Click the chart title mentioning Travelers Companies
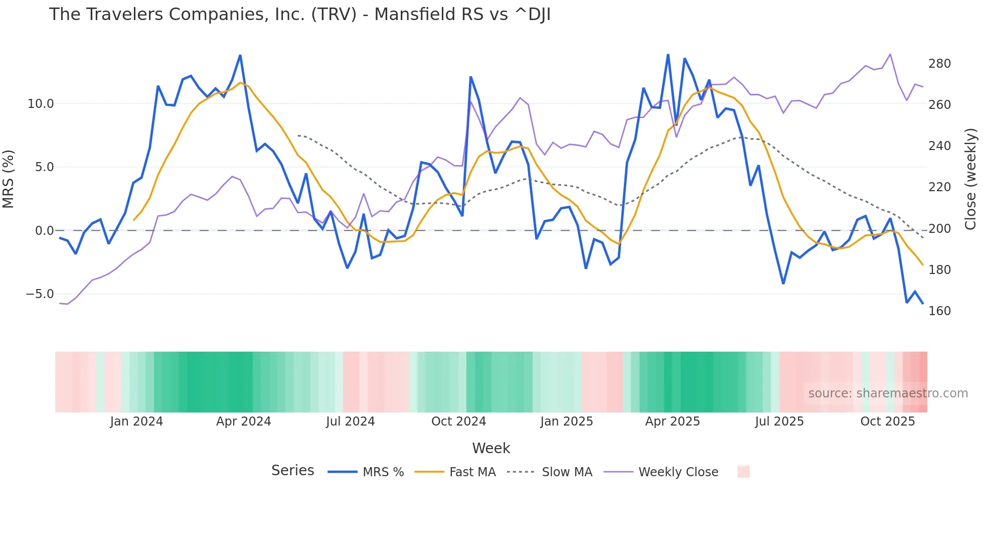pos(299,15)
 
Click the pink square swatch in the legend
pos(743,472)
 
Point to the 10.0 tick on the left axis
pos(41,104)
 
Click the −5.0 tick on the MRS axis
pos(40,294)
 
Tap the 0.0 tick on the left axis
pos(44,231)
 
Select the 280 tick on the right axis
pos(939,64)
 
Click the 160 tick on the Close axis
pos(939,311)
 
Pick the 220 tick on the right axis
pos(939,187)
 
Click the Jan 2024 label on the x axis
pos(136,422)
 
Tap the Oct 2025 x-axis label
pos(887,422)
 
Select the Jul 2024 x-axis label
pos(350,422)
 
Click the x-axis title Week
pos(491,448)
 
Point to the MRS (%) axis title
pos(9,179)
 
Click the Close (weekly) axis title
pos(971,179)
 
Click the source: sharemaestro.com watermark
pos(888,393)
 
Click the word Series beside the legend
pos(292,471)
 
